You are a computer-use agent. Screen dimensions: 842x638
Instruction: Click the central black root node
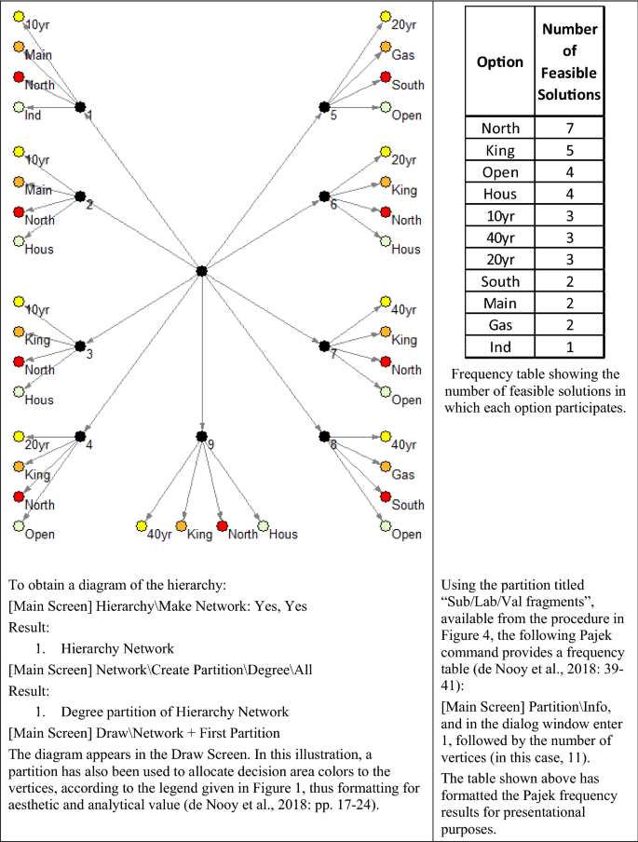[201, 271]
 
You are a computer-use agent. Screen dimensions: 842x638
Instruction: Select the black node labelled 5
[324, 107]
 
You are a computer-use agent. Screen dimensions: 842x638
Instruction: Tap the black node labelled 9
[201, 436]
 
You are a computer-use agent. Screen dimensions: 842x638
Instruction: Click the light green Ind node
[19, 108]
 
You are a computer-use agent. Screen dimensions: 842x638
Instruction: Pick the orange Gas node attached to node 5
[385, 47]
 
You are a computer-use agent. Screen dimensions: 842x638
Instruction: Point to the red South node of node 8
[385, 496]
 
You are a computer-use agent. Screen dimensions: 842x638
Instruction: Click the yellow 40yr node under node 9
[142, 527]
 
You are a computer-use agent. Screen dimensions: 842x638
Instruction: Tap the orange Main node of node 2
[19, 182]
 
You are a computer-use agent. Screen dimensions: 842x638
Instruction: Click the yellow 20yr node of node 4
[19, 436]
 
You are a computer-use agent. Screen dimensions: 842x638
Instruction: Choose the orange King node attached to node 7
[385, 332]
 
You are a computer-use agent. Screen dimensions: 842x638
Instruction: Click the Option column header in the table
[500, 62]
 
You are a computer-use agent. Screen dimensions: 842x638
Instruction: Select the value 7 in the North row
[568, 129]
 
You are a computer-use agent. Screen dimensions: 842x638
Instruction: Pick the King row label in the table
[500, 151]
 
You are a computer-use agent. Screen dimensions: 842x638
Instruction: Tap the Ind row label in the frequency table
[500, 346]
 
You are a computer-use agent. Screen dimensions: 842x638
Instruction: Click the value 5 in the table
[568, 151]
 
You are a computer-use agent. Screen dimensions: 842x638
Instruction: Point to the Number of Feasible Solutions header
[568, 61]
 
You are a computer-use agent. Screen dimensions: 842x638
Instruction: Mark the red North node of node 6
[385, 212]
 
